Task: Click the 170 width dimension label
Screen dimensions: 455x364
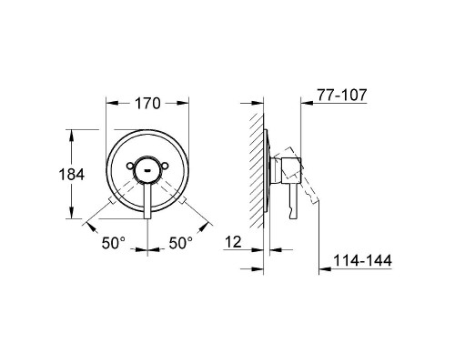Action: coord(147,104)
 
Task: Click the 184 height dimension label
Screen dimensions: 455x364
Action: coord(72,175)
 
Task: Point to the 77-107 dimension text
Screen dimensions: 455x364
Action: coord(342,95)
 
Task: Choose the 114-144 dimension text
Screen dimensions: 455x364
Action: coord(362,260)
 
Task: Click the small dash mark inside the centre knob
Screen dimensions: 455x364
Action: coord(147,170)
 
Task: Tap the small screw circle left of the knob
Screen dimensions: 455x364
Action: coord(130,166)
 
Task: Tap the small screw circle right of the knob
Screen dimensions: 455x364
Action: coord(165,166)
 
